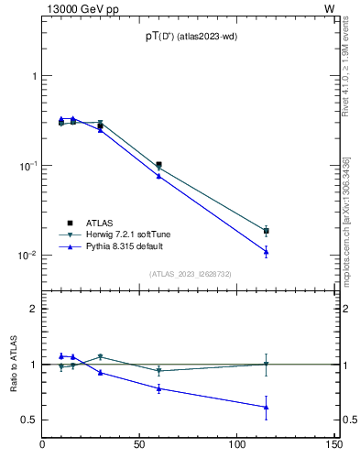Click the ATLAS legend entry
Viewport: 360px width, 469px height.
coord(100,222)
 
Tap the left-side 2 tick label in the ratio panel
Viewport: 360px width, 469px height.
coord(33,310)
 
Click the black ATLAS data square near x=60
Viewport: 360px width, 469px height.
coord(158,165)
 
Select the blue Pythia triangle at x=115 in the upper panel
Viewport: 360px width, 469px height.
coord(266,251)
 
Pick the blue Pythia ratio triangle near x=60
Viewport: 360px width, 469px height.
coord(158,388)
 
